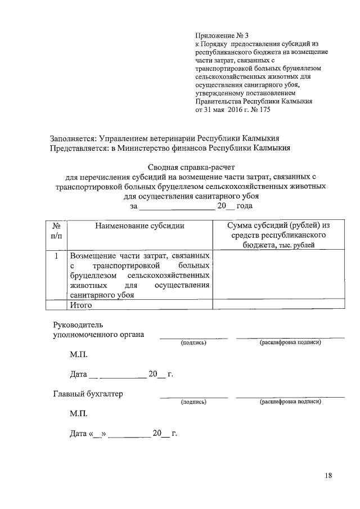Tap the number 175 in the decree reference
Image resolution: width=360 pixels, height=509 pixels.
coord(263,110)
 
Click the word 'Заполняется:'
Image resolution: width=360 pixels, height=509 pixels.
coord(73,138)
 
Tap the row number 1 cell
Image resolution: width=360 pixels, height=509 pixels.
coord(56,256)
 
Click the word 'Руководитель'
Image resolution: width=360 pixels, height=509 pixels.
coord(78,325)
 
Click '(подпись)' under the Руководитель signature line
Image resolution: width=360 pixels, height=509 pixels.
coord(193,343)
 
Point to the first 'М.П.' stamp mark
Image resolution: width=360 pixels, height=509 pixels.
coord(79,355)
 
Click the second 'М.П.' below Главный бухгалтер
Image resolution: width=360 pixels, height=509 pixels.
coord(79,413)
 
